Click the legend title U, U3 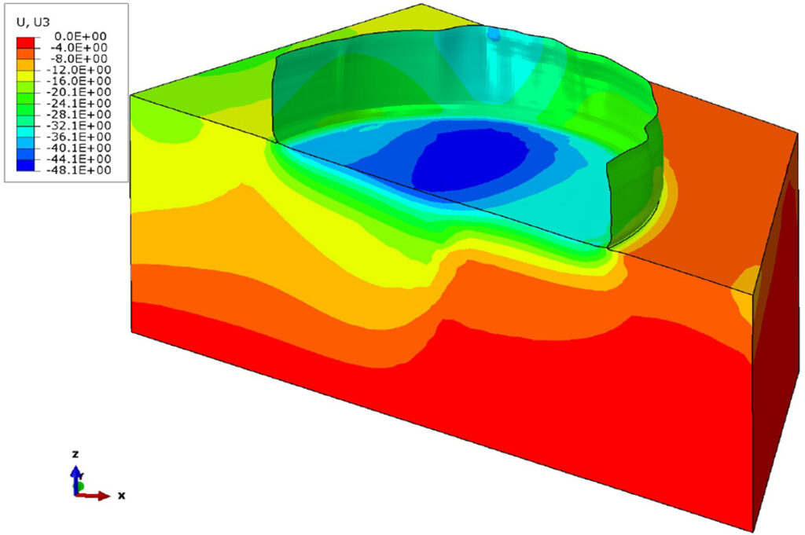tap(33, 21)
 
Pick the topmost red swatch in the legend tap(25, 42)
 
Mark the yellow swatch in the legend tap(25, 76)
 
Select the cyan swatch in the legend tap(25, 132)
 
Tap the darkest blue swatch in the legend tap(25, 165)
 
